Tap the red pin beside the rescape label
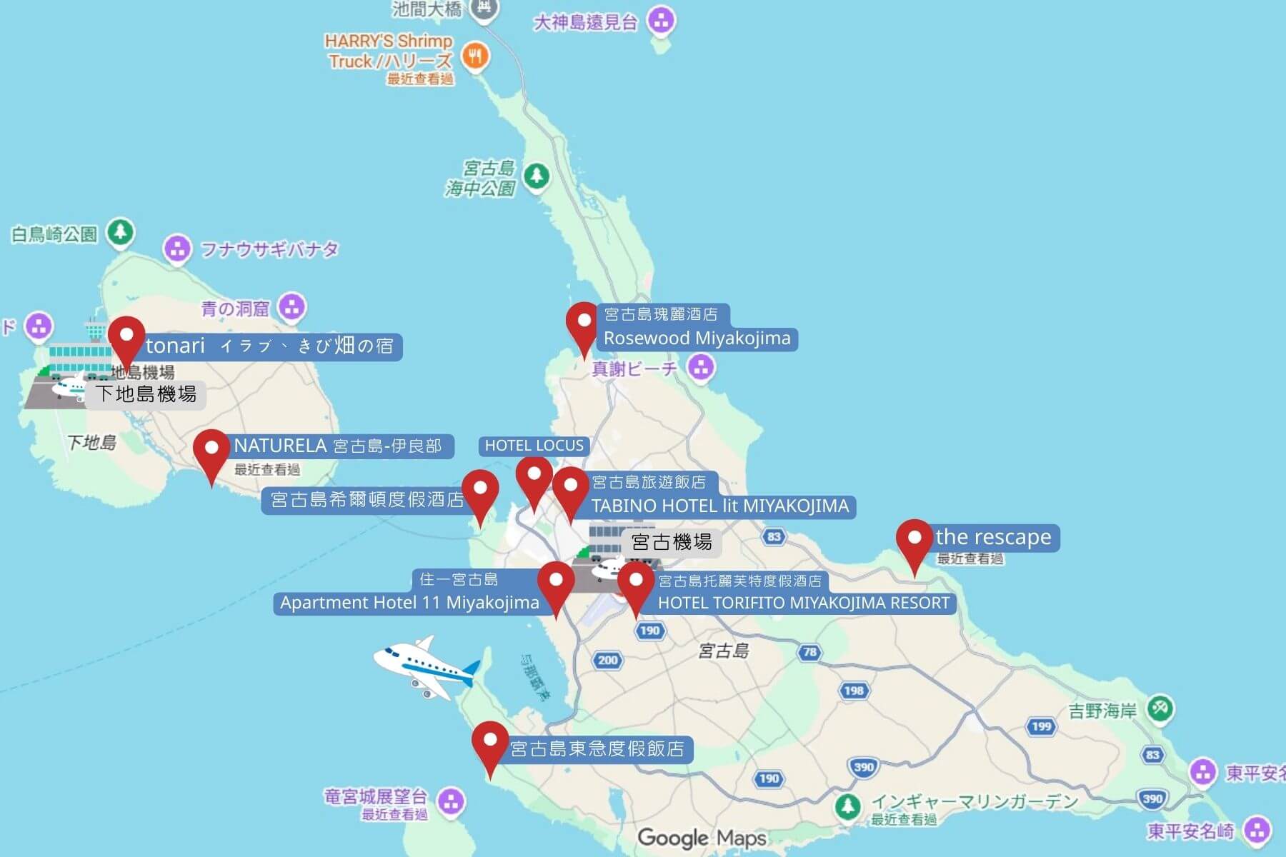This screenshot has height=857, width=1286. pos(914,540)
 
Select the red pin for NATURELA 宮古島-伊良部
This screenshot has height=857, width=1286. pos(211,451)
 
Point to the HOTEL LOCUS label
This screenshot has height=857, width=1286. pos(534,446)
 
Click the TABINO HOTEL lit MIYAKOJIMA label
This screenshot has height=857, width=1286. pos(719,506)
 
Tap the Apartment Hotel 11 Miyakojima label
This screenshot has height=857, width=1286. pos(409,603)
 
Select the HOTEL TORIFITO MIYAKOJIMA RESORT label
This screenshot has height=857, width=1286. pos(803,603)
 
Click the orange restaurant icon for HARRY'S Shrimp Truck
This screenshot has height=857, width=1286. pos(475,56)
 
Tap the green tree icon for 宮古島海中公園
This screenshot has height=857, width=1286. pos(536,176)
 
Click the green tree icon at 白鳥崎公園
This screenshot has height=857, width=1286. pos(121,232)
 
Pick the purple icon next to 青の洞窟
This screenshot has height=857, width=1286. pos(291,308)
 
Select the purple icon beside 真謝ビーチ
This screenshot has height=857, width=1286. pos(701,368)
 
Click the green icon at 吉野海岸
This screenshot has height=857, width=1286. pos(1160,709)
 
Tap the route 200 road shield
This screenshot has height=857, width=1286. pos(607,660)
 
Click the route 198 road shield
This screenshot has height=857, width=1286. pos(854,690)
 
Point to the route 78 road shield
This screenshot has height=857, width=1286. pos(809,652)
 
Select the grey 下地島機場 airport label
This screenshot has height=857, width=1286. pos(146,394)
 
